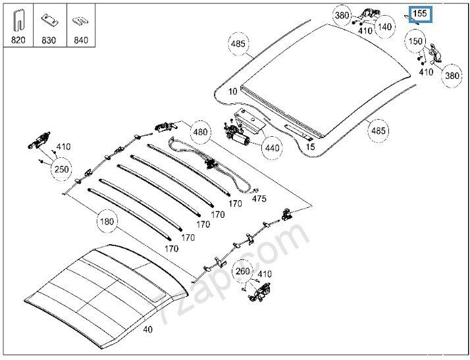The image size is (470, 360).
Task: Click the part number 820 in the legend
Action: pos(18,40)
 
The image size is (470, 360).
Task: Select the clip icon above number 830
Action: pos(49,20)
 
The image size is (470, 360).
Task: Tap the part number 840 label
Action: pos(80,40)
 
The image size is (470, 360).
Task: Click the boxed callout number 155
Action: pos(419,13)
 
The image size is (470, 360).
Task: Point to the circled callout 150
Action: pos(415,41)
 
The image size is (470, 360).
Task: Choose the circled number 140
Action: pos(385,27)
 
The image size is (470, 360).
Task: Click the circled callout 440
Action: pos(271,147)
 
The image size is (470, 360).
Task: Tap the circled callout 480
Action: pos(201,132)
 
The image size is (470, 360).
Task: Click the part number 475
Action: pos(259,198)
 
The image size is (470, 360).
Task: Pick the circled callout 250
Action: pos(61,168)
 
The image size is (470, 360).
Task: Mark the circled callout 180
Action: pos(107,221)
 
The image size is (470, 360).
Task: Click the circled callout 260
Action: pos(243,270)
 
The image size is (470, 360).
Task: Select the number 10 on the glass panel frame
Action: pos(232,91)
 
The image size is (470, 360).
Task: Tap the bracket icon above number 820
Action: pos(18,20)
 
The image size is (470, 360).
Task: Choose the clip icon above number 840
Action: pos(80,20)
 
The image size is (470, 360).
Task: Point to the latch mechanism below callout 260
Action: pos(260,294)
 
